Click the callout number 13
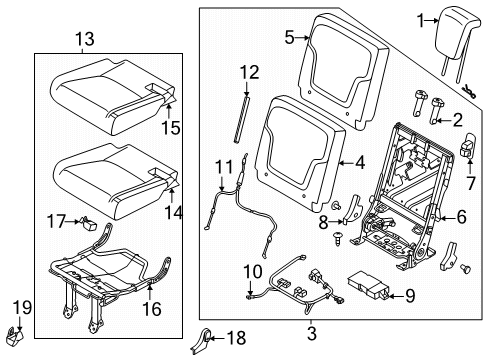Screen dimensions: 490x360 [x=85, y=39]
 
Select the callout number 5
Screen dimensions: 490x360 [x=289, y=37]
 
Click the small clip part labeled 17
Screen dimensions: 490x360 [x=87, y=223]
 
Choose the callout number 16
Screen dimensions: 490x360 [x=152, y=309]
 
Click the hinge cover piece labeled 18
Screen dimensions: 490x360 [x=201, y=341]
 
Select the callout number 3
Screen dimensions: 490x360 [x=311, y=333]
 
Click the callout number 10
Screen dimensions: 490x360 [x=253, y=271]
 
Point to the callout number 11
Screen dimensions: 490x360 [x=224, y=167]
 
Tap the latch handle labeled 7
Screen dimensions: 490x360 [x=468, y=145]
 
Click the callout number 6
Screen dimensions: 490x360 [x=462, y=217]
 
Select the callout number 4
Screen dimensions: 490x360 [x=359, y=163]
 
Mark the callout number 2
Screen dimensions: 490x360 [x=457, y=120]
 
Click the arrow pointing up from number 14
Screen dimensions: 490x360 [x=172, y=196]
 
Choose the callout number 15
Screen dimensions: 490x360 [x=171, y=128]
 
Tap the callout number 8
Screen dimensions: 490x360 [x=323, y=222]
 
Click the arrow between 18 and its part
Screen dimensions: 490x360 [x=216, y=339]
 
